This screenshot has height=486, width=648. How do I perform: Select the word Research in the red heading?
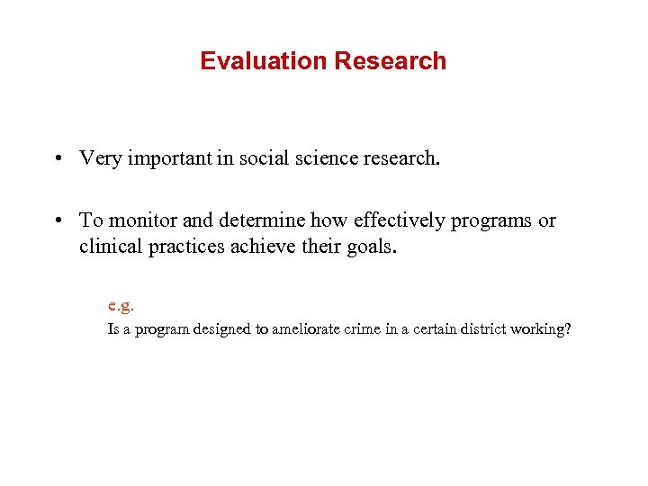coord(390,61)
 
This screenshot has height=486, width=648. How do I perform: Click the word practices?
coord(187,246)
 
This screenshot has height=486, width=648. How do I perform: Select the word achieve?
coord(263,246)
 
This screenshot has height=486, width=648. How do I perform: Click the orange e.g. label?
coord(121,305)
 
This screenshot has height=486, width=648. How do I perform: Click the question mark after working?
coord(567,329)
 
